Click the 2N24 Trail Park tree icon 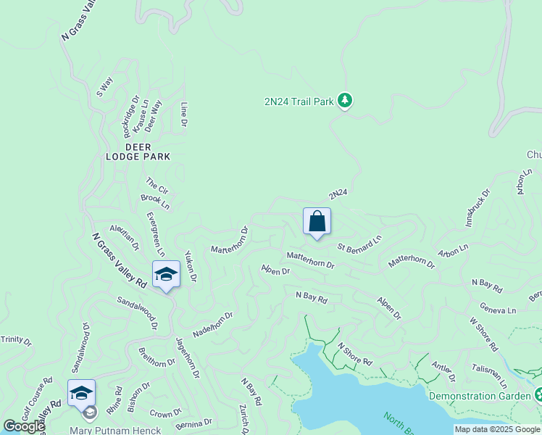pos(346,101)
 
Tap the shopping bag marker pos(317,222)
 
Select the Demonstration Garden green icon pos(538,396)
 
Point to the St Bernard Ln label pos(359,243)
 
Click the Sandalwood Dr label pos(137,312)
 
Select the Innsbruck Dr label pos(478,205)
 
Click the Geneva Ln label pos(497,310)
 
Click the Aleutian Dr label pos(124,238)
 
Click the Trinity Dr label pos(17,339)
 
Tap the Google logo pos(23,426)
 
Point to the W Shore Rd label pos(483,334)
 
